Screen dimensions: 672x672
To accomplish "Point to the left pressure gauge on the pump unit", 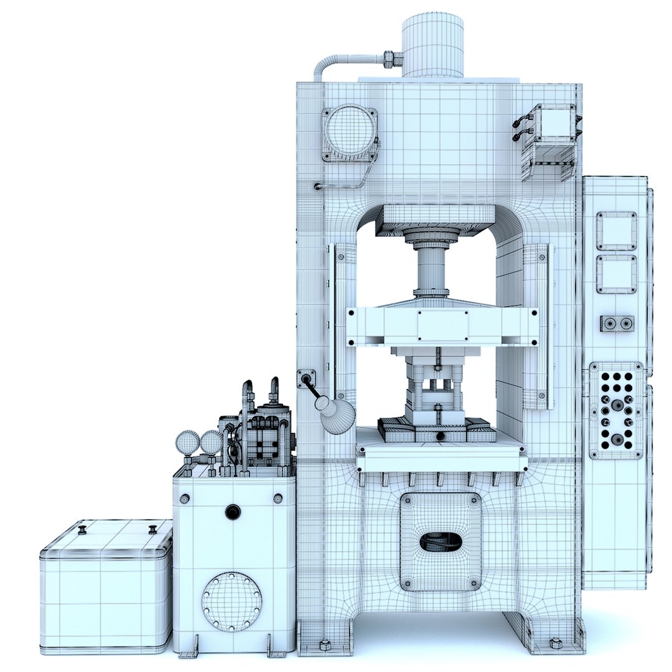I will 187,443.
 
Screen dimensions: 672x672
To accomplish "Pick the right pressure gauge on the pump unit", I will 211,442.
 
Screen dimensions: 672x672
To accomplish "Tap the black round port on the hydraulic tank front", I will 233,512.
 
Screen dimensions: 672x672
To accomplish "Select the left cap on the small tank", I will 82,530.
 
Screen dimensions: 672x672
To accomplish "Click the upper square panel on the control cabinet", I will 616,230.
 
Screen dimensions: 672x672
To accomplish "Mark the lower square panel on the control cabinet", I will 616,274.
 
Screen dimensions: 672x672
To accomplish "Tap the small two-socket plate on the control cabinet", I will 617,324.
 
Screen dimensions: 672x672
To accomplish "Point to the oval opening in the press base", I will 441,542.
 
